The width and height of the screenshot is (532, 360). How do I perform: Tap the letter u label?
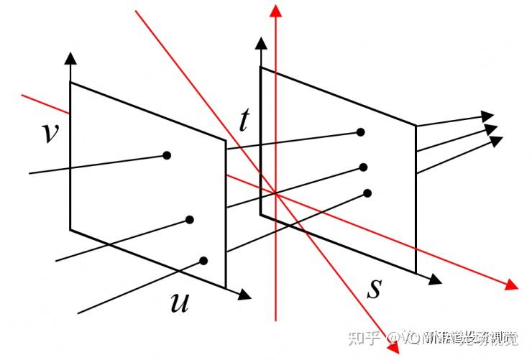(x=179, y=303)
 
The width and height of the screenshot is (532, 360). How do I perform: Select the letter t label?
(x=244, y=121)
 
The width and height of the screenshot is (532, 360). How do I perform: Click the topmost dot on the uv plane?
(x=167, y=154)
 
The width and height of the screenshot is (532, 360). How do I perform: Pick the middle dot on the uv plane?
(x=190, y=220)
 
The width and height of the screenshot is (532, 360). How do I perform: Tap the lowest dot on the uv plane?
(x=204, y=261)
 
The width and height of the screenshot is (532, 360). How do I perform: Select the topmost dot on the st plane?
(x=361, y=132)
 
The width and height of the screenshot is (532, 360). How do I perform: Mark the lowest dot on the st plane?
(x=367, y=193)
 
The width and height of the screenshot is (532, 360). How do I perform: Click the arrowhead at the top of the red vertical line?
(x=275, y=9)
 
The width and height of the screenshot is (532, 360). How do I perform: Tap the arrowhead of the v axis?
(x=70, y=57)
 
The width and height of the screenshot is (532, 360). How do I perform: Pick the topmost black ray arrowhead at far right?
(x=488, y=115)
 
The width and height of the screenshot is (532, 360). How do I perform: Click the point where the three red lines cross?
(x=275, y=192)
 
